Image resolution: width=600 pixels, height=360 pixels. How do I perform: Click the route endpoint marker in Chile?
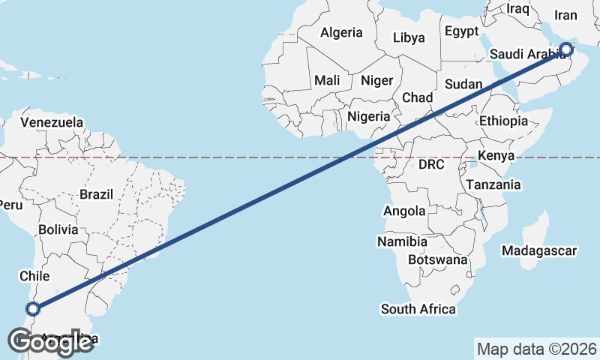[x=32, y=308]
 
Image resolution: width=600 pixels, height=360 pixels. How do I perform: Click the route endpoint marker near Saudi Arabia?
[x=566, y=49]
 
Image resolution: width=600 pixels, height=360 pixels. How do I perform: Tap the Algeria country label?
[x=341, y=32]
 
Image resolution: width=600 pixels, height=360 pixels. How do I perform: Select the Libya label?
[x=409, y=37]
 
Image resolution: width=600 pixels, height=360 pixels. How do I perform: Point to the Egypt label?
[x=461, y=31]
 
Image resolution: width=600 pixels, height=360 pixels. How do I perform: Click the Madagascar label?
[x=539, y=250]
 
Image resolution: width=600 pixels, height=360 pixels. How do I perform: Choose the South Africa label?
[x=418, y=308]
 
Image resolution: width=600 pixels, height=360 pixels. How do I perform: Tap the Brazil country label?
[x=96, y=194]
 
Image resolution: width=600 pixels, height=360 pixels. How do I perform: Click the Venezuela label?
[x=52, y=121]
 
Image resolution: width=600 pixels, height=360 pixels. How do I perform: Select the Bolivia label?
[x=58, y=229]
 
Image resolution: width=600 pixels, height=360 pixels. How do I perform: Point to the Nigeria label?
[x=369, y=116]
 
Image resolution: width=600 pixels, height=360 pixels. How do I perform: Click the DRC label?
[x=432, y=164]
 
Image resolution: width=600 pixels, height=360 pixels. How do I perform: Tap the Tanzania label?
[x=493, y=184]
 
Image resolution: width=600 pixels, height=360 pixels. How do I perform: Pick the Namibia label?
[x=402, y=241]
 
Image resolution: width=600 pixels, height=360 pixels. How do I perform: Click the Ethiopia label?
[x=504, y=121]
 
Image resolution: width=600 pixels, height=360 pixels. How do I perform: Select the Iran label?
[x=566, y=14]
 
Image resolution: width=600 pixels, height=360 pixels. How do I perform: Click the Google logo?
[x=50, y=342]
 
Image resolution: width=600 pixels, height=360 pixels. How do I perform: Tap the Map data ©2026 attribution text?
[x=536, y=349]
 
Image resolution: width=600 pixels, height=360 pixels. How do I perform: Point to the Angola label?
[x=404, y=211]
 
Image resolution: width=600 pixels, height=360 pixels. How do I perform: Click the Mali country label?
[x=327, y=80]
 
